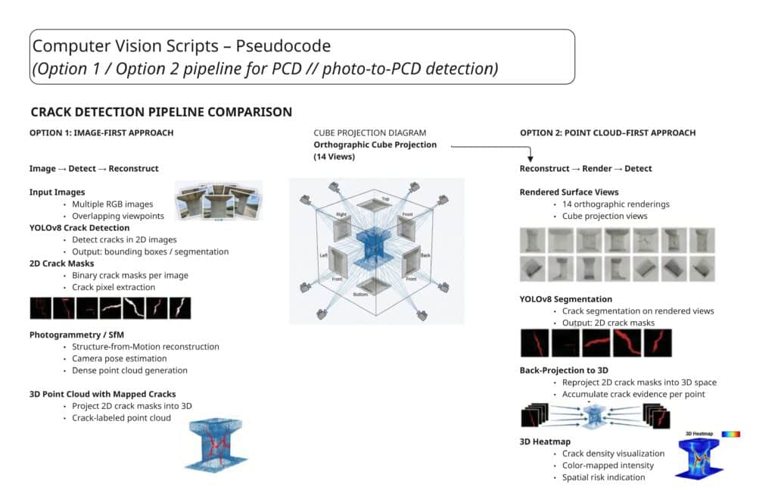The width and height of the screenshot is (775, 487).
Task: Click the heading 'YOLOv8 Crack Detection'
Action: (x=79, y=227)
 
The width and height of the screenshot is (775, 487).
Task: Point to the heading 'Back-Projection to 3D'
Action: (x=564, y=370)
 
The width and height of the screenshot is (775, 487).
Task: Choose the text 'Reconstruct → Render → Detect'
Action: (x=586, y=168)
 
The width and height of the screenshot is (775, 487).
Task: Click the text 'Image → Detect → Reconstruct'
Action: (x=94, y=168)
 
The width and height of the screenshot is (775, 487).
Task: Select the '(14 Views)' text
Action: (x=334, y=157)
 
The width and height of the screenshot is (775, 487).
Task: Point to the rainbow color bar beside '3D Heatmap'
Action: (x=730, y=435)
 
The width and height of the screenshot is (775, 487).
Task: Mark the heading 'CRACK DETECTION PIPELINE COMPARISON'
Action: (x=161, y=112)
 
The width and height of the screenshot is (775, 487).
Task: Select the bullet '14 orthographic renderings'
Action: (x=615, y=204)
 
